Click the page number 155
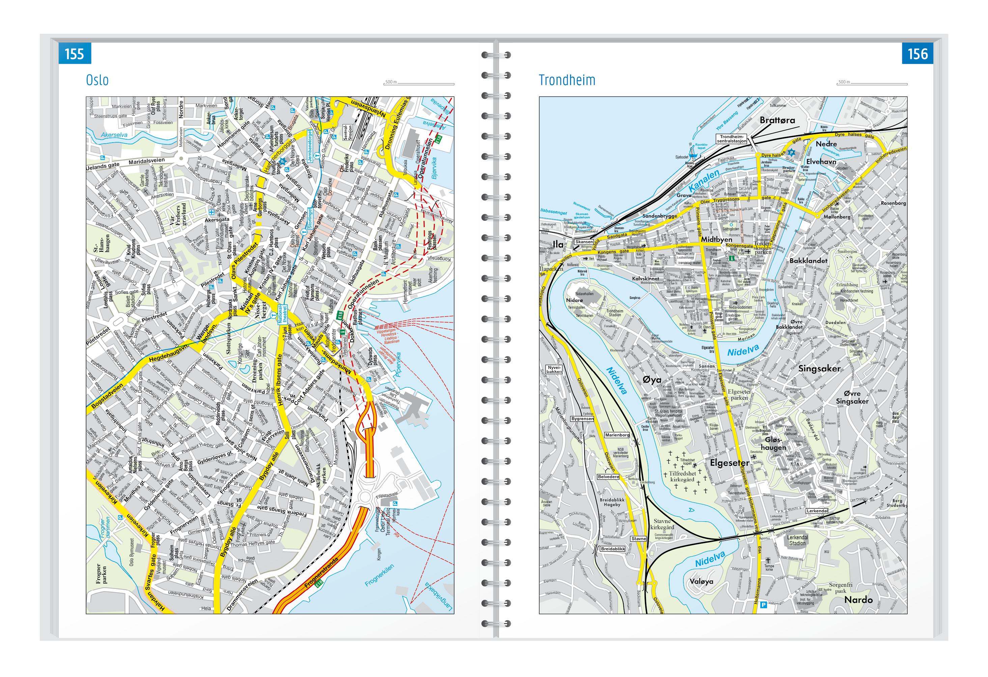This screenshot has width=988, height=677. pos(75,54)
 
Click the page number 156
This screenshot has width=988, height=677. pos(918,54)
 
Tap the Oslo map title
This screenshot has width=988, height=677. pos(97,80)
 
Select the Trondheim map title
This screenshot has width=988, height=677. pos(567,80)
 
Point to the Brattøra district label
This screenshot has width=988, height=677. pos(777,120)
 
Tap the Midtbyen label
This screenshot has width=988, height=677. pos(716,239)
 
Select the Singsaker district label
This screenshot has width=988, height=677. pos(819,369)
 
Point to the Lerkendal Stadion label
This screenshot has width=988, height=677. pos(797,540)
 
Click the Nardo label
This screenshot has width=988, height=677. pos(858,600)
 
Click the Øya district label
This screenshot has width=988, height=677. pos(652,380)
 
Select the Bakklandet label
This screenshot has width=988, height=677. pos(808,261)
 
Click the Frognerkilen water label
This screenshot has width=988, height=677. pos(379,576)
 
